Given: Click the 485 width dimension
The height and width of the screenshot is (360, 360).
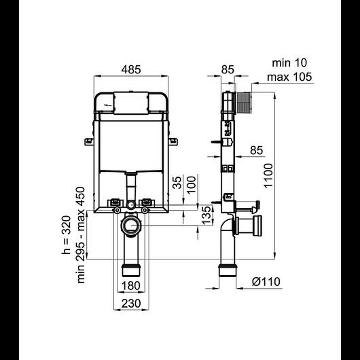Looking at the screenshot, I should pos(132,70).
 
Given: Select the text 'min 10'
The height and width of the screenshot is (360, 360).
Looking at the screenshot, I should pos(289,63).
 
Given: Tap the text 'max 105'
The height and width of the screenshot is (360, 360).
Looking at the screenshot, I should pos(289,76).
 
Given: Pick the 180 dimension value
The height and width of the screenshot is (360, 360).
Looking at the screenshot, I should pos(132,285).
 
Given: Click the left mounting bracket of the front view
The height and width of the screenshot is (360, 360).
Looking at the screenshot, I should pos(89,141).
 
